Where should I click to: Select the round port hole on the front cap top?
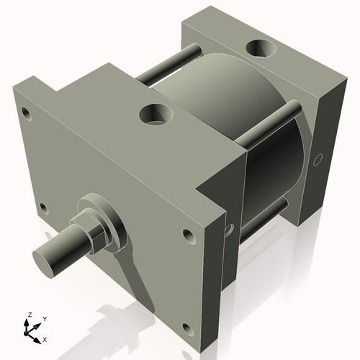(x=156, y=113)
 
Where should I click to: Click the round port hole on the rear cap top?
(x=258, y=49)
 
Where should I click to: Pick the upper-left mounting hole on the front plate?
(x=27, y=113)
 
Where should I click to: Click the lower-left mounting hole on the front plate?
(x=43, y=209)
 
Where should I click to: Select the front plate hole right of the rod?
(x=189, y=235)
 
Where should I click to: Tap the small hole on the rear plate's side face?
(x=317, y=160)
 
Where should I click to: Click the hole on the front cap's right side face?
(x=229, y=230)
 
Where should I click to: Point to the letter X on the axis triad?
(x=45, y=338)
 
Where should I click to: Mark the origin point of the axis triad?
(x=30, y=332)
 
